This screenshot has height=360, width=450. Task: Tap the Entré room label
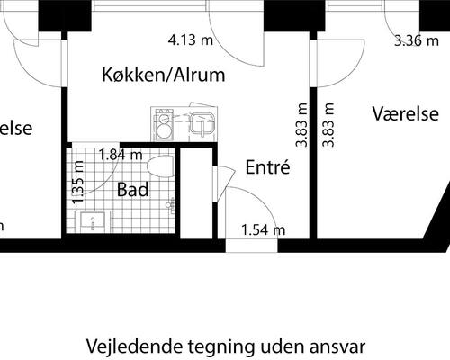(x=266, y=167)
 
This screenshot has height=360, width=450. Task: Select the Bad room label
(x=133, y=190)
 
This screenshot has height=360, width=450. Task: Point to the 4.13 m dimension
(x=191, y=40)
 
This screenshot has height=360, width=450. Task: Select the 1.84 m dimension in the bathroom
(x=120, y=154)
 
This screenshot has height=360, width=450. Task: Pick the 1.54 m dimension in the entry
(x=264, y=230)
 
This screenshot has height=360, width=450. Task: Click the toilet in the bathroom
(x=160, y=167)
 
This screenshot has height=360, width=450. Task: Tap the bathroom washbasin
(x=94, y=221)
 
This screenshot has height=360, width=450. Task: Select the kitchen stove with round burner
(x=165, y=126)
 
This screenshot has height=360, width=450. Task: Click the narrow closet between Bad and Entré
(x=195, y=193)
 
